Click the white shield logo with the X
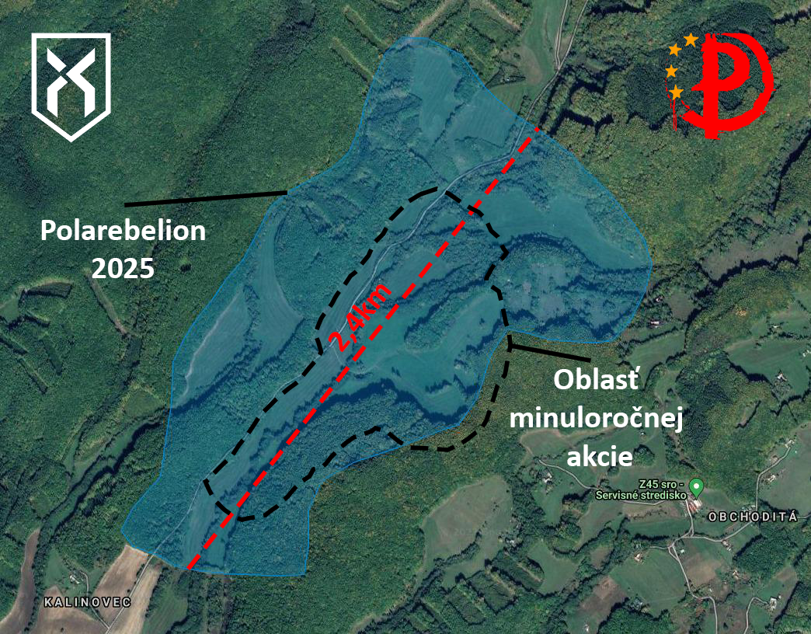[x=71, y=86]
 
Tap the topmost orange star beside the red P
[x=691, y=40]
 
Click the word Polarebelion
[x=123, y=232]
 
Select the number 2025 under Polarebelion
[x=123, y=268]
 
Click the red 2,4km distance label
[x=360, y=317]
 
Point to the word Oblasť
[x=596, y=380]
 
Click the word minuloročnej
[x=597, y=417]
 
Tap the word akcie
[x=600, y=456]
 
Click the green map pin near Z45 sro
[x=698, y=486]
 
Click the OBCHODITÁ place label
[x=753, y=516]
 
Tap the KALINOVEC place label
[x=88, y=602]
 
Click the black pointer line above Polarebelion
[x=206, y=199]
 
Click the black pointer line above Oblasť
[x=549, y=352]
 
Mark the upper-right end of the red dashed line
[x=538, y=129]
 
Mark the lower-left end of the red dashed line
[x=189, y=568]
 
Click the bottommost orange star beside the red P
[x=676, y=92]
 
